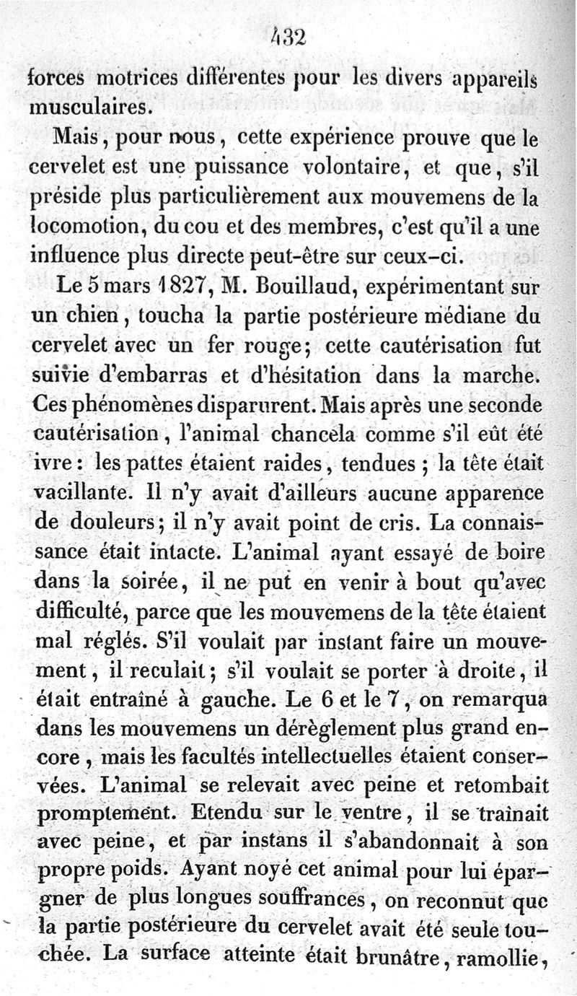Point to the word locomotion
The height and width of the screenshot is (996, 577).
88,228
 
